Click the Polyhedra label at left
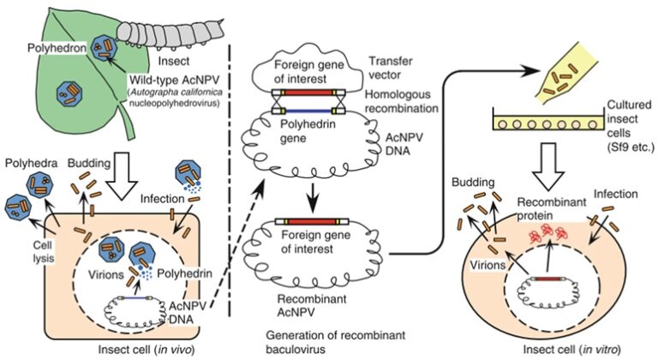28,162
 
